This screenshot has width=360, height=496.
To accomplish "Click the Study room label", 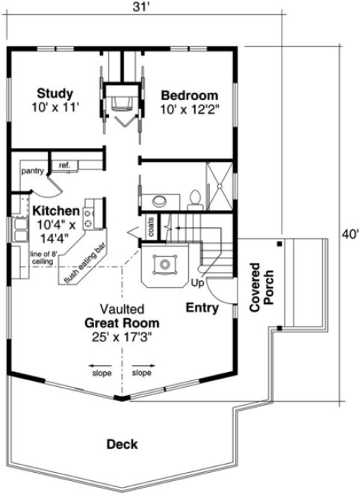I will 55,94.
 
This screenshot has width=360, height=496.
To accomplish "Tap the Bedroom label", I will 190,96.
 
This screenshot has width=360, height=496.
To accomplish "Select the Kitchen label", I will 51,211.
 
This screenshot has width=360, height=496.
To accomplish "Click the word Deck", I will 122,444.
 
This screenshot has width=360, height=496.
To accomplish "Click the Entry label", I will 202,306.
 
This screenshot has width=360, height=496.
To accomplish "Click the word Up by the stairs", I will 198,284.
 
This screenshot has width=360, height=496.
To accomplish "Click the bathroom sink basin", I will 158,199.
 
